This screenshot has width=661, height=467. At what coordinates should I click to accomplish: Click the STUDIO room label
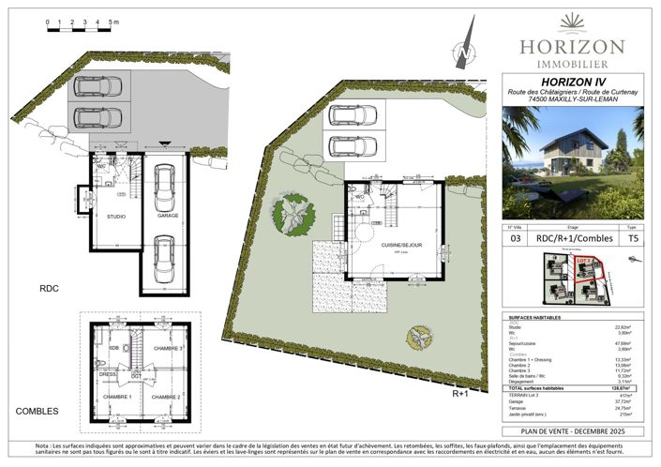[x=115, y=217]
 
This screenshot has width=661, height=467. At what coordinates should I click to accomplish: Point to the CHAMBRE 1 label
[x=116, y=397]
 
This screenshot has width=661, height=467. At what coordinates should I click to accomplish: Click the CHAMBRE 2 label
[x=166, y=397]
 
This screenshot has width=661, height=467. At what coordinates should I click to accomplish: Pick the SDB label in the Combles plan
[x=113, y=348]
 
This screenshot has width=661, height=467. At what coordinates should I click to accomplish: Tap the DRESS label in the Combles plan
[x=109, y=373]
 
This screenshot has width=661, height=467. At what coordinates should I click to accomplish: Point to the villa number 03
[x=514, y=239]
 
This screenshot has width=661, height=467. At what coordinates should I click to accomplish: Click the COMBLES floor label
[x=37, y=411]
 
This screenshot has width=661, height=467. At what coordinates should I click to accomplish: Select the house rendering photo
[x=572, y=162]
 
